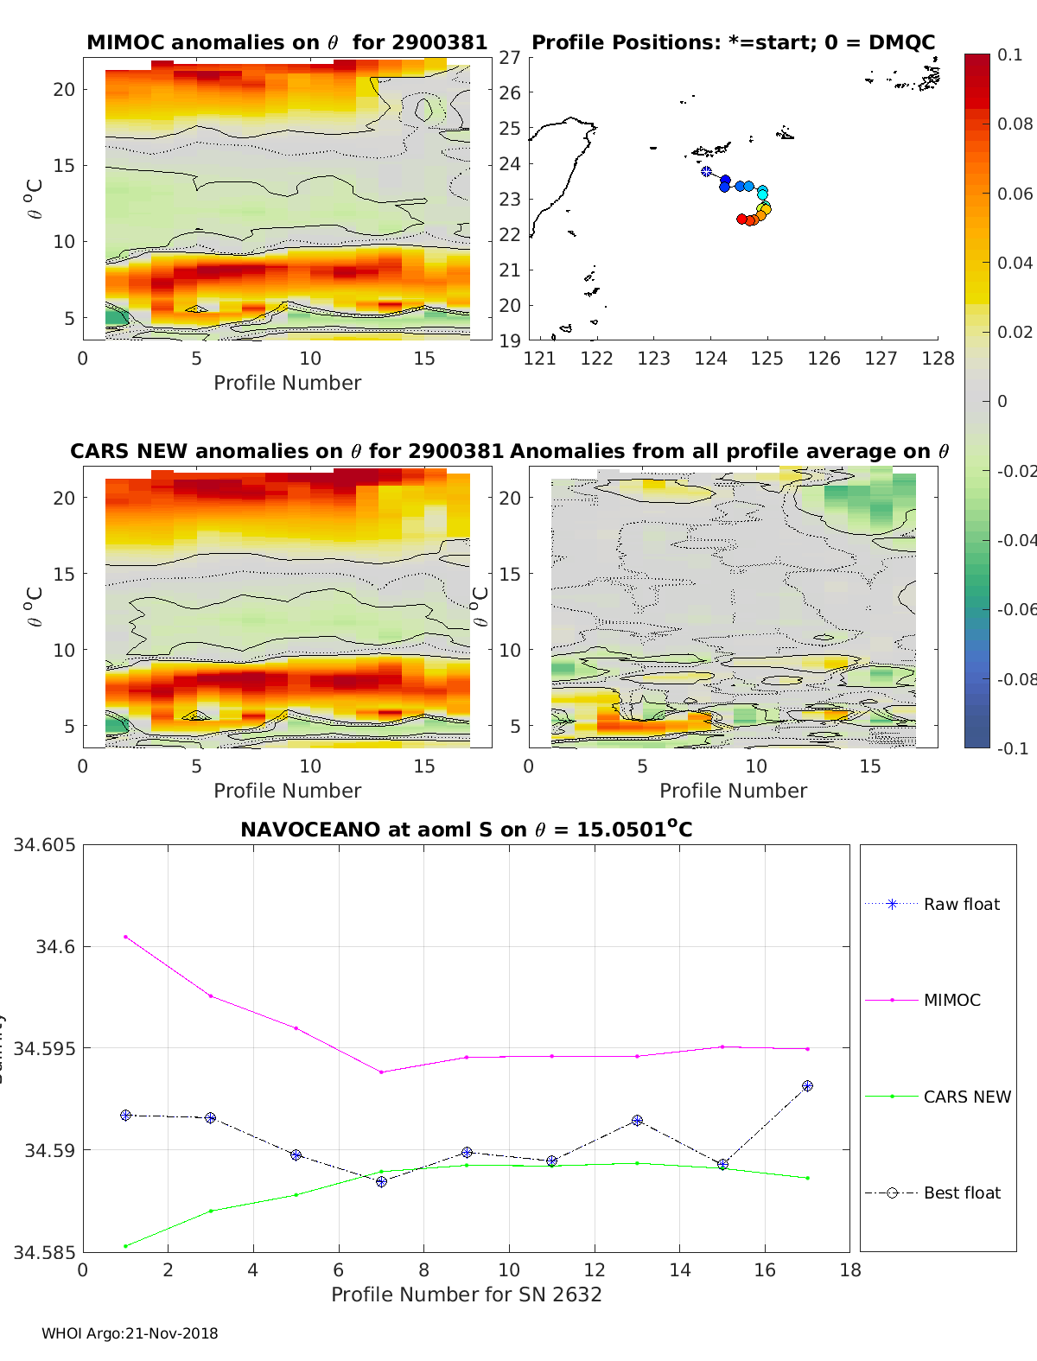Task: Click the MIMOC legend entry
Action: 951,1001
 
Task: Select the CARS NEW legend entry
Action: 966,1097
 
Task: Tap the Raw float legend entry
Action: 961,905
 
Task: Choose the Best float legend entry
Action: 961,1193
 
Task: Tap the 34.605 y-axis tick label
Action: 44,845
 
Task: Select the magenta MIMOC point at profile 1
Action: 125,937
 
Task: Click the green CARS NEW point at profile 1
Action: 125,1246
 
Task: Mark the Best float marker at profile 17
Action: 807,1086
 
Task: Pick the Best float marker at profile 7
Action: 381,1181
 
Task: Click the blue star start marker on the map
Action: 706,172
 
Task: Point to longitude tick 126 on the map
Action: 824,359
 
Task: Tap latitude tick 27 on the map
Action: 509,57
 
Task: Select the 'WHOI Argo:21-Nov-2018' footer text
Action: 130,1333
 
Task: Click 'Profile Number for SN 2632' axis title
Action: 466,1294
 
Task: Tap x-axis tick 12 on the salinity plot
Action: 594,1269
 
